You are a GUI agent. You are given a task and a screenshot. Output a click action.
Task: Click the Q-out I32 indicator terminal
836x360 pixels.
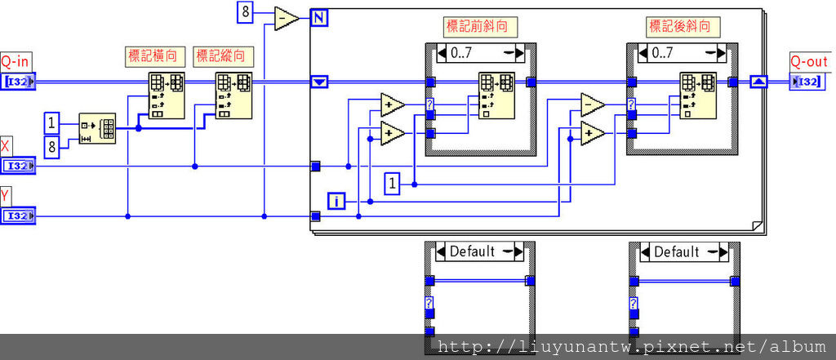tap(807, 81)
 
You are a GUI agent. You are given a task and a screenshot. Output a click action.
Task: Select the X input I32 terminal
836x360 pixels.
tap(18, 167)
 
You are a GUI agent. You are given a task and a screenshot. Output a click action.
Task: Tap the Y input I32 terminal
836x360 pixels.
tap(18, 216)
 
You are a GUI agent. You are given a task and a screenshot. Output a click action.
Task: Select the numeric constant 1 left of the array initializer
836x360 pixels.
tap(52, 123)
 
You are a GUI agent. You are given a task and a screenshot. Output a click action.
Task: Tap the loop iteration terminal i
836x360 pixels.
tap(336, 200)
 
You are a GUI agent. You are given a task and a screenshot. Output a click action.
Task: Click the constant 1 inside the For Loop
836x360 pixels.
tap(393, 184)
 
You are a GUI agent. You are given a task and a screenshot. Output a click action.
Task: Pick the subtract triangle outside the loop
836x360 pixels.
tap(287, 18)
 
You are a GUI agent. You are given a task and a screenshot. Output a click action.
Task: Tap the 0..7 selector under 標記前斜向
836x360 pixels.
tap(481, 54)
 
